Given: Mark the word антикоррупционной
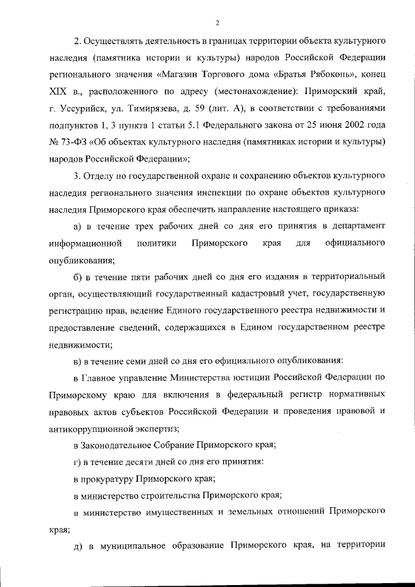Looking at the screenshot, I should tap(90, 428).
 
